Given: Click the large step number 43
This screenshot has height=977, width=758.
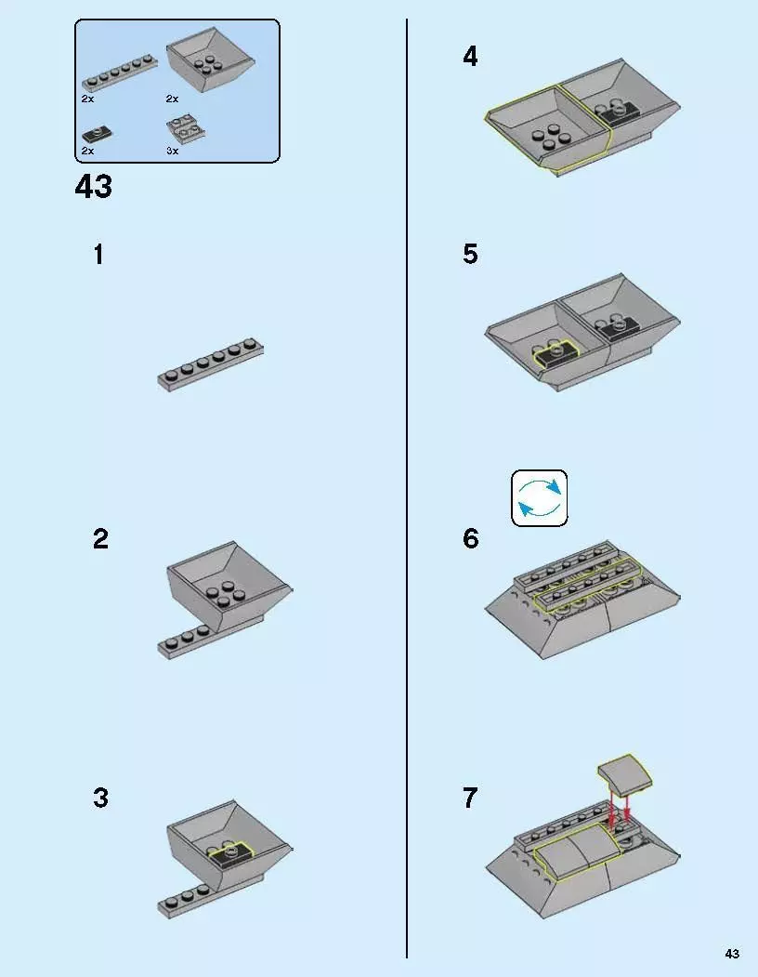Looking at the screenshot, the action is (94, 186).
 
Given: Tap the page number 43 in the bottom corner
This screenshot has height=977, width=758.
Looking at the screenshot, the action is (732, 954).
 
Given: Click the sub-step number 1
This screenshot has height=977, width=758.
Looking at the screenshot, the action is (98, 255).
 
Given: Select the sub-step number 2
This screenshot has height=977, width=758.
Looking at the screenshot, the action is (100, 539).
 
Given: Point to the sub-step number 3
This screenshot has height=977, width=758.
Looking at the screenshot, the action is (100, 799).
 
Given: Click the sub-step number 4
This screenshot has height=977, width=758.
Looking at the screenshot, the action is (470, 57).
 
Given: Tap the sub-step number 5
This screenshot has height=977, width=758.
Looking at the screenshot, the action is (470, 254).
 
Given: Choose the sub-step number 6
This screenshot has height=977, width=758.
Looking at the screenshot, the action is (471, 538).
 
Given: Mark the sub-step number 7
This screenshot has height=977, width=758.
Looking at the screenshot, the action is (470, 799).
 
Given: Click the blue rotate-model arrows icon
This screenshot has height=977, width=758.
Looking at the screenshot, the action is (540, 498).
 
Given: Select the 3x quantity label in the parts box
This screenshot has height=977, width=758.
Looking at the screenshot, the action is (173, 151).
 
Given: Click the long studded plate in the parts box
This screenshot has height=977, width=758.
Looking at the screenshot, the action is (120, 73).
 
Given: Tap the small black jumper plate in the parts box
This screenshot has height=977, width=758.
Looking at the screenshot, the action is (98, 134).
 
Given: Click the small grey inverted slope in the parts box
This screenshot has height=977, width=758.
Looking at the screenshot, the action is (186, 127).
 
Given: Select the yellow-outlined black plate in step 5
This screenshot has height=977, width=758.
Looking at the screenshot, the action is (556, 353).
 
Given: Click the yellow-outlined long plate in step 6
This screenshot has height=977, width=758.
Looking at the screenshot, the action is (589, 585).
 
